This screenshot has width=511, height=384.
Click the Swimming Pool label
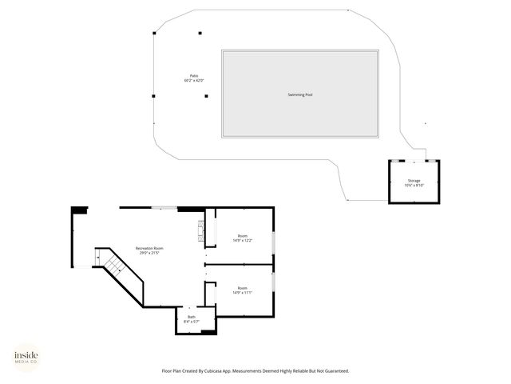(x=299, y=94)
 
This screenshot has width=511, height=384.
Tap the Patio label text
(x=194, y=76)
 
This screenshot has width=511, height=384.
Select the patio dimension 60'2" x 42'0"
(x=194, y=81)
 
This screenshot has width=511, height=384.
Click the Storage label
(x=414, y=181)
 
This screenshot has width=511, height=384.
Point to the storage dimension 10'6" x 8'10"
(x=414, y=186)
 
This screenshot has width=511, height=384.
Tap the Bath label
(x=192, y=317)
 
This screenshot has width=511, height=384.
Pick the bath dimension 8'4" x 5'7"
(x=192, y=322)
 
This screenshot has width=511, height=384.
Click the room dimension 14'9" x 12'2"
(x=241, y=240)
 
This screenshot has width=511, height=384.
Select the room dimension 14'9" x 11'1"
(x=241, y=292)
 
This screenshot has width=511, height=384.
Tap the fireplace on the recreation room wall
(x=201, y=232)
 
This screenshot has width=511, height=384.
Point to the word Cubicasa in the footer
(x=213, y=371)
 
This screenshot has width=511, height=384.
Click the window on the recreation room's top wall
(x=164, y=208)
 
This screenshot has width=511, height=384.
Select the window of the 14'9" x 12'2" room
(x=274, y=241)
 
